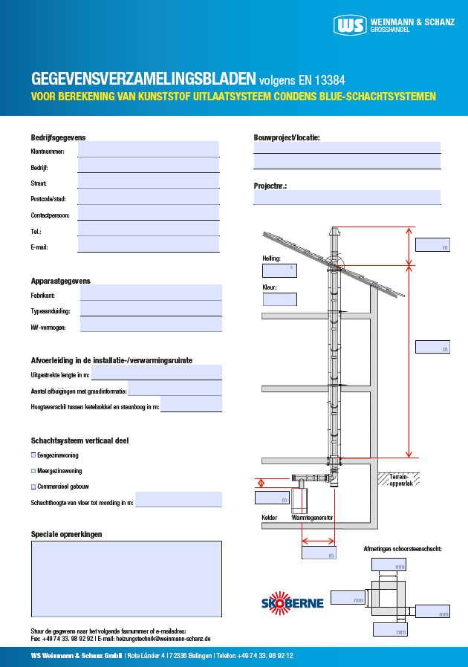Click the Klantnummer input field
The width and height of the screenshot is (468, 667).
pyautogui.click(x=148, y=149)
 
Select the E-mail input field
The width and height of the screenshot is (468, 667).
pyautogui.click(x=148, y=245)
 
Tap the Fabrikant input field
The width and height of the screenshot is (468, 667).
pyautogui.click(x=150, y=293)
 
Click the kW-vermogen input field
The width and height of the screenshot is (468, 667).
pyautogui.click(x=150, y=325)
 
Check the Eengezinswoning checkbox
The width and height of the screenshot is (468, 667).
pyautogui.click(x=33, y=455)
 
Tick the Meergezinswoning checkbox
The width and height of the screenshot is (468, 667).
pyautogui.click(x=33, y=471)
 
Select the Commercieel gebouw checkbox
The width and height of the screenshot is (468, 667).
pyautogui.click(x=33, y=487)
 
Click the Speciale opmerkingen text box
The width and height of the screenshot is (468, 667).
pyautogui.click(x=126, y=579)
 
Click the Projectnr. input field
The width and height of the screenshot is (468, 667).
pyautogui.click(x=346, y=198)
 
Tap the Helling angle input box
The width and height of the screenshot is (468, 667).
pyautogui.click(x=279, y=270)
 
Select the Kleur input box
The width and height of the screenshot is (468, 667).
pyautogui.click(x=279, y=299)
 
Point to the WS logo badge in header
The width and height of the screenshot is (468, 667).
pyautogui.click(x=350, y=25)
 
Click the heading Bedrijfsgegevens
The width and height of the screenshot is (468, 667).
pyautogui.click(x=58, y=137)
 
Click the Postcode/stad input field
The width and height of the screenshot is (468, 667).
pyautogui.click(x=148, y=198)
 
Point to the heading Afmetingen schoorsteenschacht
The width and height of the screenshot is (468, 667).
pyautogui.click(x=403, y=548)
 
